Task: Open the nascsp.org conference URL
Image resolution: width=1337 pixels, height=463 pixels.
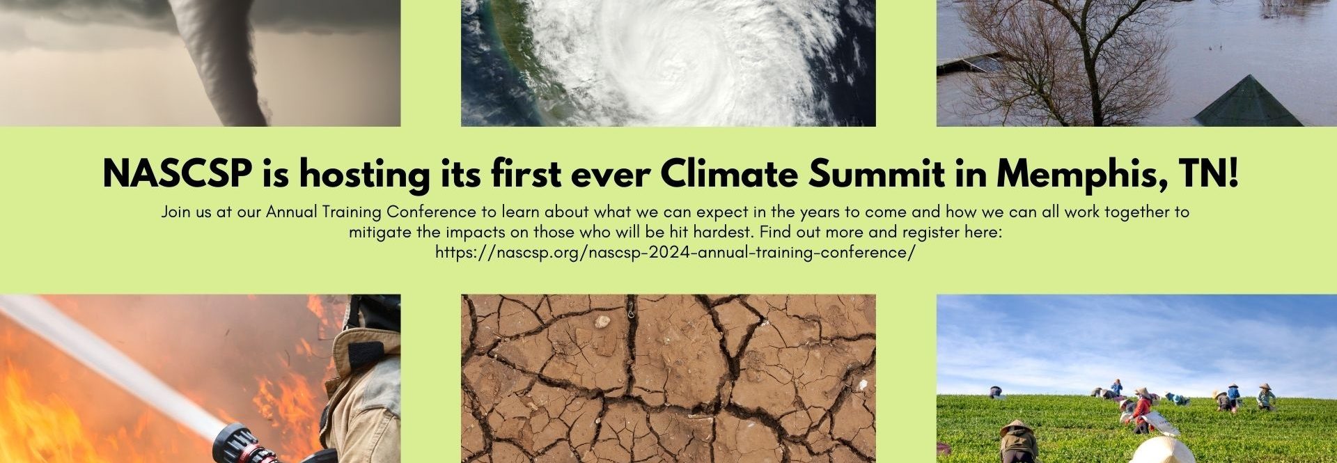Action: point(675,252)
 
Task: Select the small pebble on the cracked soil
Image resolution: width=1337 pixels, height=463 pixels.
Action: point(602,322)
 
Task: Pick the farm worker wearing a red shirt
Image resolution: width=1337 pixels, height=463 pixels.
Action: point(1139,410)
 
